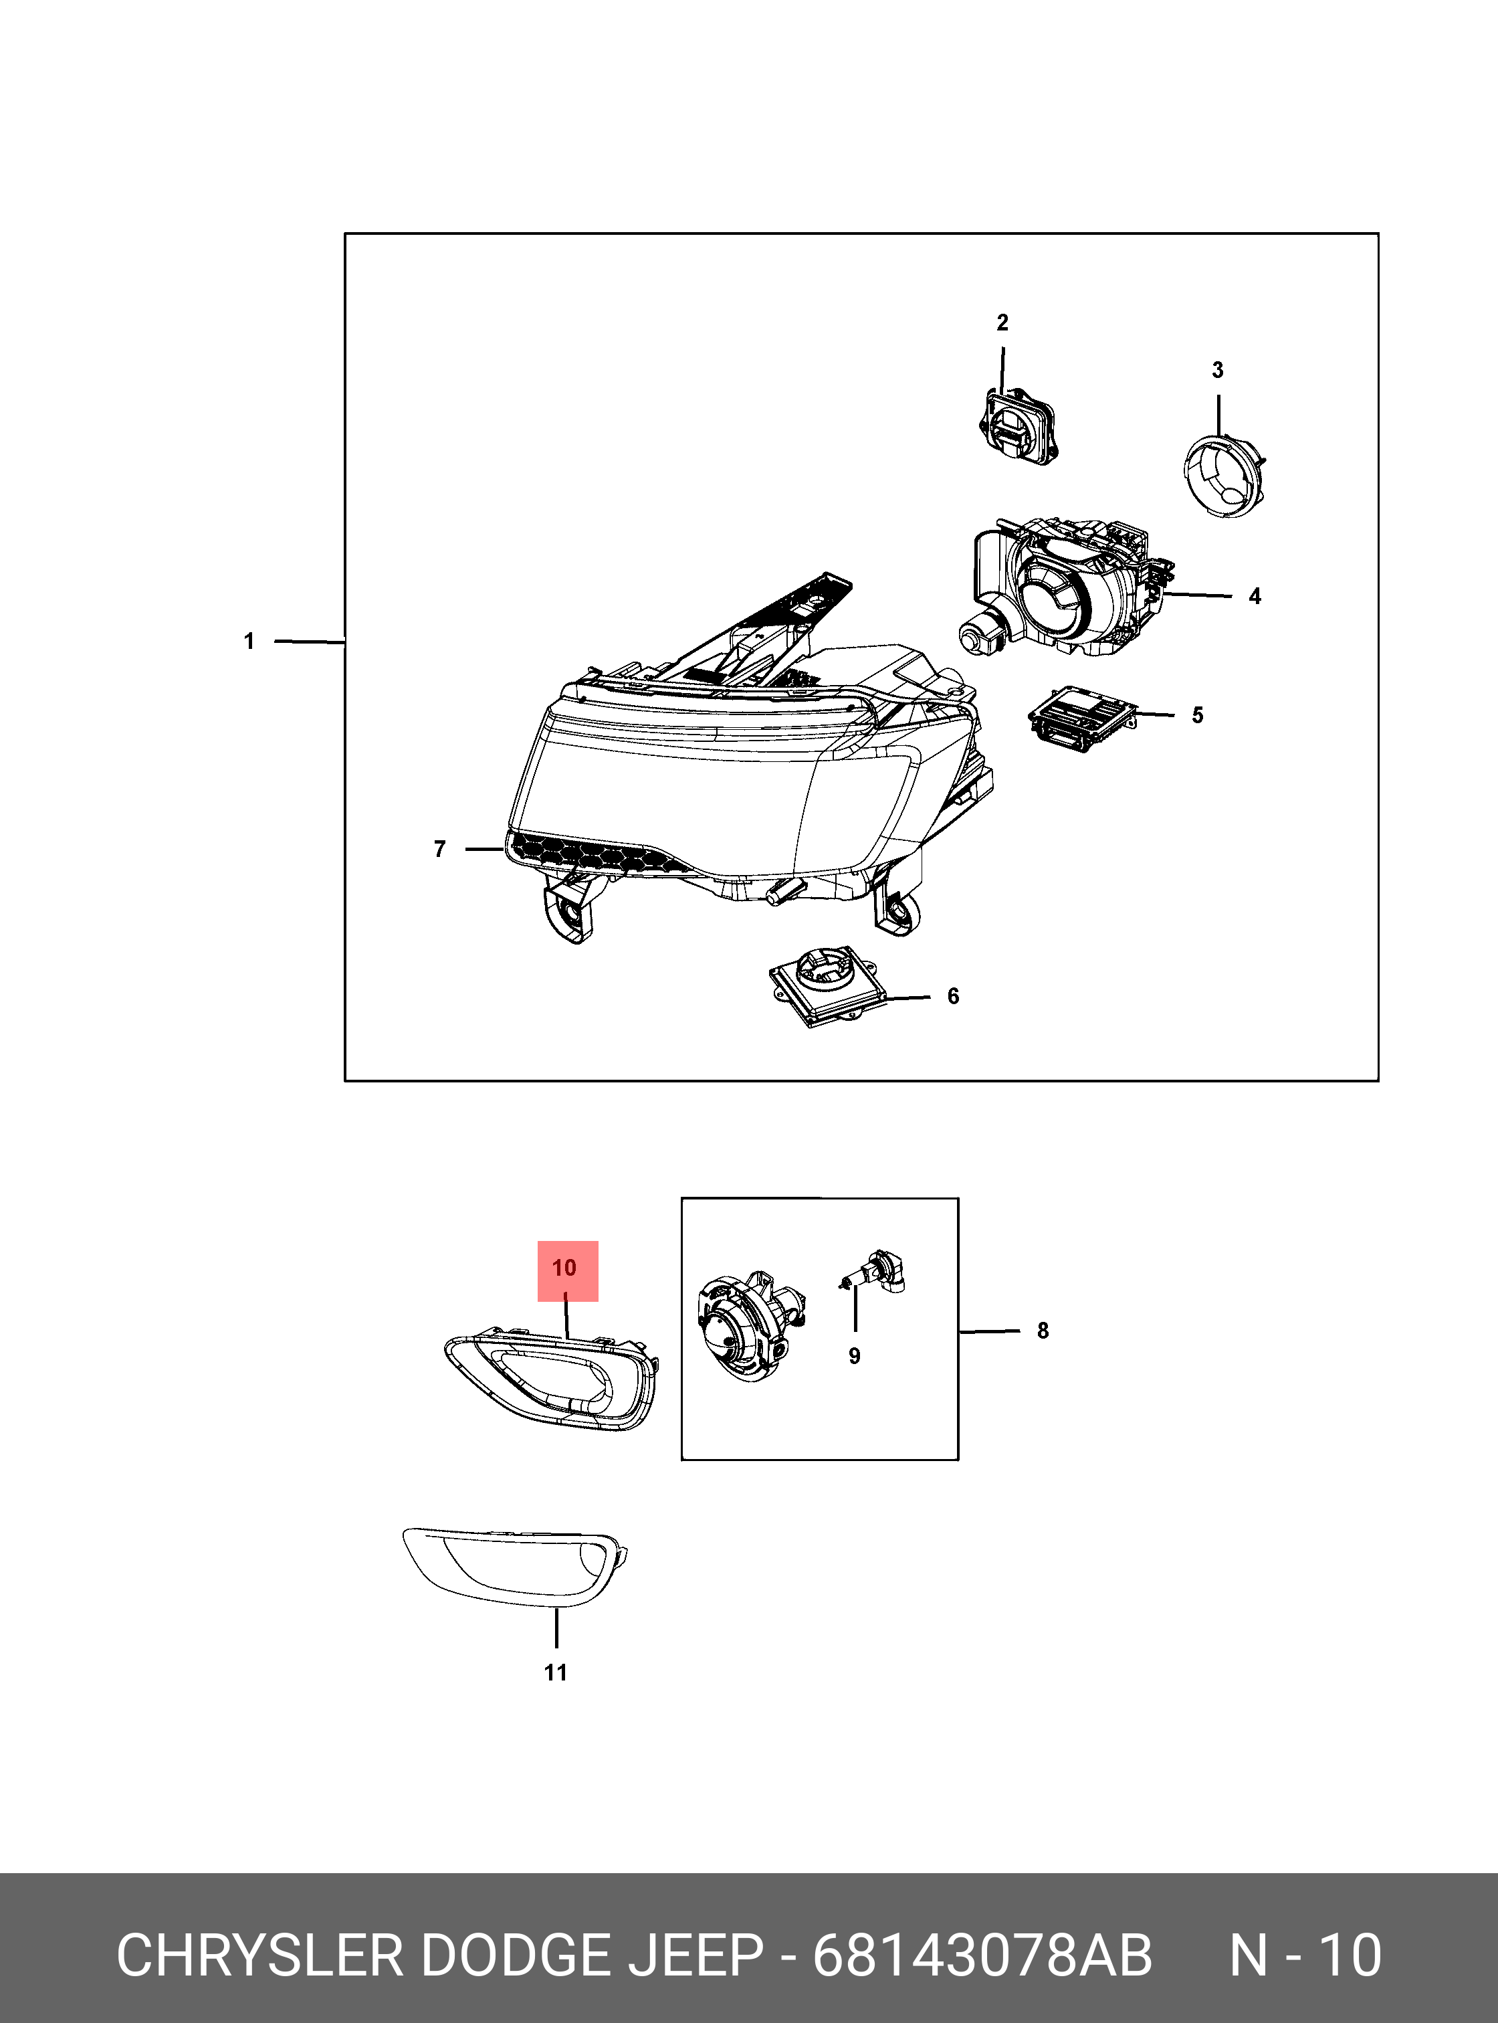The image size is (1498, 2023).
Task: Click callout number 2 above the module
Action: coord(1002,323)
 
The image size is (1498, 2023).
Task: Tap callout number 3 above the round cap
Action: coord(1218,370)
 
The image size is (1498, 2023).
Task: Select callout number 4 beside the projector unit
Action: coord(1255,596)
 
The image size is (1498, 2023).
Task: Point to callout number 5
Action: coord(1198,715)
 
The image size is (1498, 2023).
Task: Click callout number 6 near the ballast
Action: coord(953,996)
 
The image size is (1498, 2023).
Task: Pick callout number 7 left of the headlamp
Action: coord(440,849)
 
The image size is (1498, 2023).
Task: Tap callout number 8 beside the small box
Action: coord(1043,1331)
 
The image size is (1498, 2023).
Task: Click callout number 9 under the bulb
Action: coord(854,1356)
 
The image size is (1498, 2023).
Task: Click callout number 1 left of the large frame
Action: coord(249,642)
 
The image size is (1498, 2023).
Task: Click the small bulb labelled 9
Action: coord(875,1273)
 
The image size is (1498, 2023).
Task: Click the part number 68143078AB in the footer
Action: coord(982,1956)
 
